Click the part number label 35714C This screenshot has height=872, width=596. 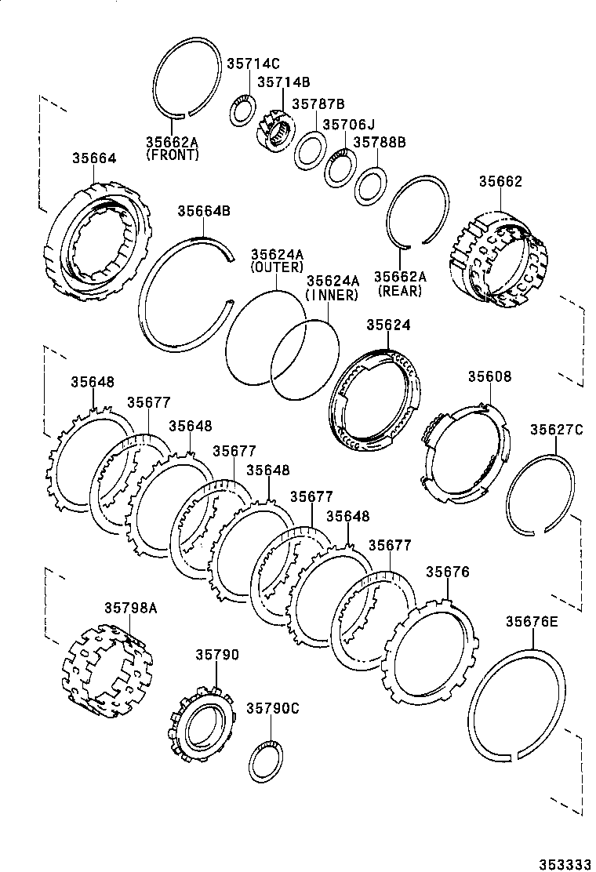pyautogui.click(x=253, y=64)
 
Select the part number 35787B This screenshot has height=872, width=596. pyautogui.click(x=318, y=104)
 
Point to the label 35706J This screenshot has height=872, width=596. pyautogui.click(x=349, y=124)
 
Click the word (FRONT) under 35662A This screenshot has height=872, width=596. pyautogui.click(x=173, y=155)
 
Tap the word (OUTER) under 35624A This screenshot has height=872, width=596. pyautogui.click(x=277, y=267)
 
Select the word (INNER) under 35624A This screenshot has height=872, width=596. pyautogui.click(x=333, y=295)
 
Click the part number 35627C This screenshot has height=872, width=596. pyautogui.click(x=556, y=429)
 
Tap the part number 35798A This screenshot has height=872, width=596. pyautogui.click(x=131, y=607)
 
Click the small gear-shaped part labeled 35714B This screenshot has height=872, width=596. pyautogui.click(x=274, y=131)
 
